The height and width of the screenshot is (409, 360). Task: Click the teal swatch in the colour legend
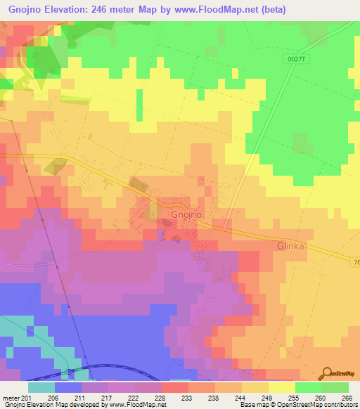41,387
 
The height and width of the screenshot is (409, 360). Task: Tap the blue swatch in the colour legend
68,387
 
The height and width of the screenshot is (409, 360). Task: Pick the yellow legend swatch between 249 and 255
282,387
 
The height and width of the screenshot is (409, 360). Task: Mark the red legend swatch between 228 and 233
175,387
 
